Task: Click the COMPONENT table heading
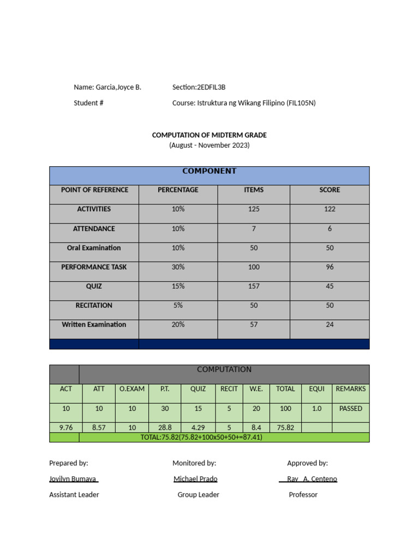[209, 171]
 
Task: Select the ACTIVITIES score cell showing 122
[329, 209]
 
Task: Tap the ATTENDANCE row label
[94, 229]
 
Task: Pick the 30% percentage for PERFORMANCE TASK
[178, 268]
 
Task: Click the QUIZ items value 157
[254, 287]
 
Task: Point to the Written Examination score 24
[329, 325]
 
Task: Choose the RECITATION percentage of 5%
[178, 306]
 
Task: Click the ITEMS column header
[254, 190]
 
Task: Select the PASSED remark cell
[350, 409]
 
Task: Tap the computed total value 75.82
[285, 428]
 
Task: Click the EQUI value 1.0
[316, 409]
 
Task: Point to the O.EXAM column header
[132, 389]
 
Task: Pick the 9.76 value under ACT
[66, 428]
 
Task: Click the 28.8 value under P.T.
[165, 428]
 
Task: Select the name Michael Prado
[195, 479]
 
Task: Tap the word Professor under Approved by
[303, 495]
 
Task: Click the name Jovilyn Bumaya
[73, 479]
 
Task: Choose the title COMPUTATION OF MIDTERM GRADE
[209, 135]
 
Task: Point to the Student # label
[88, 103]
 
